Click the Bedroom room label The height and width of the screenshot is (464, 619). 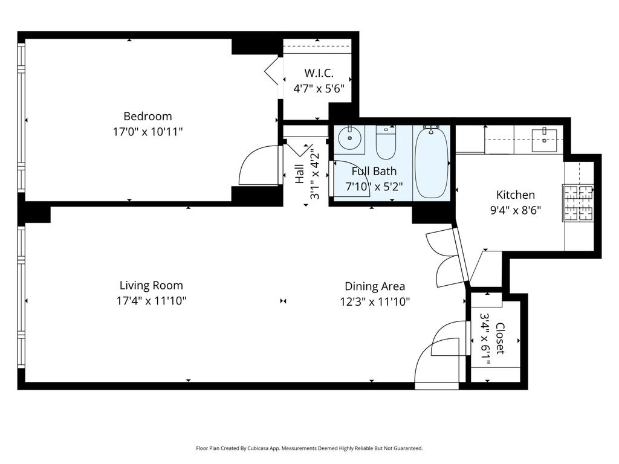(x=147, y=117)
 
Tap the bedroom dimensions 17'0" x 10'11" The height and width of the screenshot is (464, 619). (x=147, y=131)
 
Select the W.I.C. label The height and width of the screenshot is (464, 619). (x=319, y=73)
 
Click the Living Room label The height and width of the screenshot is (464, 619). (x=151, y=285)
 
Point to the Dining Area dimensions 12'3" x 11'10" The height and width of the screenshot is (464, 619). (x=375, y=302)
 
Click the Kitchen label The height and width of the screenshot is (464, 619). (x=516, y=195)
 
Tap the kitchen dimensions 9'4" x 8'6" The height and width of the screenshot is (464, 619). (x=516, y=210)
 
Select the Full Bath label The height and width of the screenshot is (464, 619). (x=374, y=171)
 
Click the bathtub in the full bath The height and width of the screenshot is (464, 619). (x=432, y=163)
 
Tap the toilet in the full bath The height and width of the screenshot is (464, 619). (x=386, y=143)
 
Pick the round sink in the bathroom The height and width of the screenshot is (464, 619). (x=350, y=138)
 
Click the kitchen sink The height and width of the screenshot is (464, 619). (x=544, y=140)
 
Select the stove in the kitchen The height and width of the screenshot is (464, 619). (x=578, y=202)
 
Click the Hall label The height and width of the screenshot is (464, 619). (x=300, y=174)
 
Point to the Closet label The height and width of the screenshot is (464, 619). (x=500, y=338)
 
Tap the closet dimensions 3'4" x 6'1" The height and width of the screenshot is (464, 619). (x=485, y=338)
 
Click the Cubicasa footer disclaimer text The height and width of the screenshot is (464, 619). (x=309, y=448)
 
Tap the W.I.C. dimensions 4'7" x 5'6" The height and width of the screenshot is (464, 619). (x=319, y=88)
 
